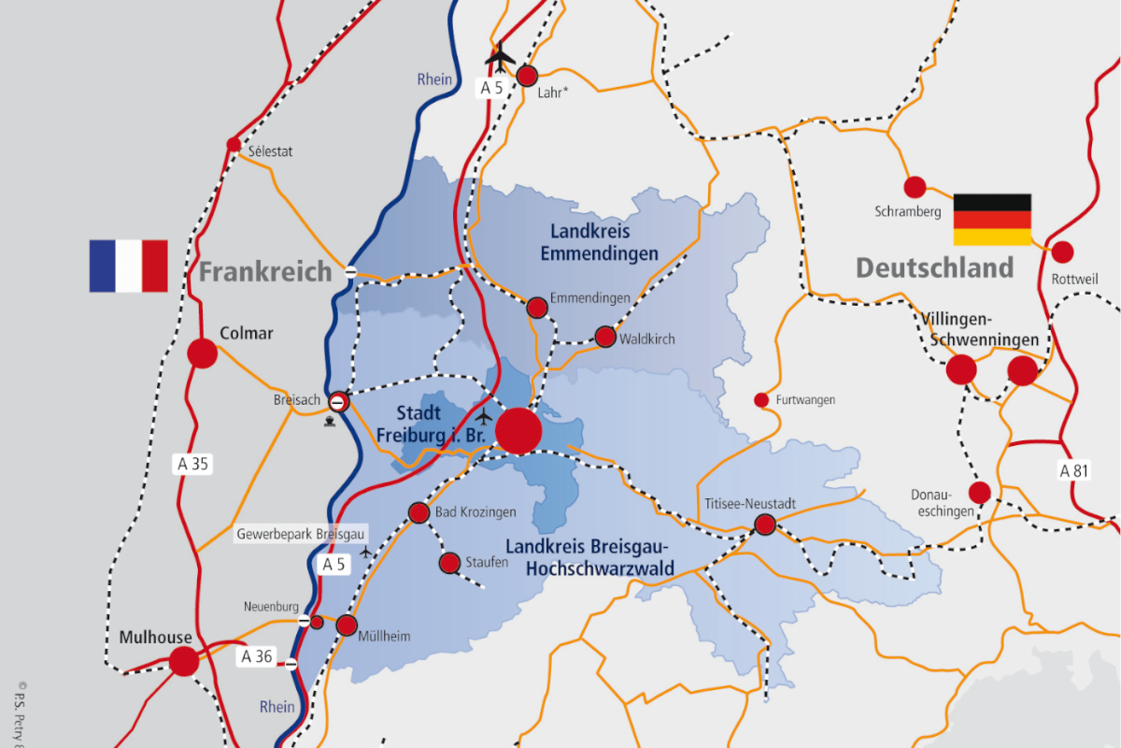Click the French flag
pyautogui.click(x=128, y=266)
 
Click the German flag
pyautogui.click(x=992, y=220)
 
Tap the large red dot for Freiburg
pyautogui.click(x=518, y=431)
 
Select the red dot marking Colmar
pyautogui.click(x=202, y=353)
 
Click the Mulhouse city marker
pyautogui.click(x=184, y=661)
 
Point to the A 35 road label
pyautogui.click(x=193, y=463)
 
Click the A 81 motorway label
pyautogui.click(x=1074, y=471)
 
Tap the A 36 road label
pyautogui.click(x=257, y=656)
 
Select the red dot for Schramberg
pyautogui.click(x=915, y=187)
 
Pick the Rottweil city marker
pyautogui.click(x=1062, y=252)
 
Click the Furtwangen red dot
pyautogui.click(x=761, y=400)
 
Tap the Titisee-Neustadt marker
pyautogui.click(x=765, y=525)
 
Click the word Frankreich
pyautogui.click(x=265, y=272)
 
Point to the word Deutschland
pyautogui.click(x=934, y=268)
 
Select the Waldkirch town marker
pyautogui.click(x=605, y=337)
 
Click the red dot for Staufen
pyautogui.click(x=449, y=563)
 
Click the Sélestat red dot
pyautogui.click(x=234, y=144)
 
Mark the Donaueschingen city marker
pyautogui.click(x=980, y=492)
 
